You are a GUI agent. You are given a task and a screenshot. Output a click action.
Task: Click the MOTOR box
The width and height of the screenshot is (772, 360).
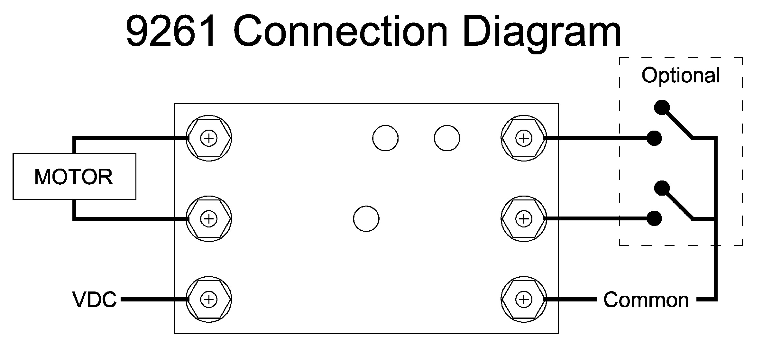74,177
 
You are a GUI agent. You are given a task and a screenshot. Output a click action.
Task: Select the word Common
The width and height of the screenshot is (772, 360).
646,300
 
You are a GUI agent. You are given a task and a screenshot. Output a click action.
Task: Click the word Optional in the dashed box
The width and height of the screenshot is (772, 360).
681,76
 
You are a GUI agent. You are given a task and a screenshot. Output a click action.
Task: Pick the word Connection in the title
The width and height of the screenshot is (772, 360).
341,32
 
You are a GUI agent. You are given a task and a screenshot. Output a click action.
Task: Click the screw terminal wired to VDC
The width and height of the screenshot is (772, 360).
209,300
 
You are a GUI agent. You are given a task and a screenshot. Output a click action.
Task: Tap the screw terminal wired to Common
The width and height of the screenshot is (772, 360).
524,300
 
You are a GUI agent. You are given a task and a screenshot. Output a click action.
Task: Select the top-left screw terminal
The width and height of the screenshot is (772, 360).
209,138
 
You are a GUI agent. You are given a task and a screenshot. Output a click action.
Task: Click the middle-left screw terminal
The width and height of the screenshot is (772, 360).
209,219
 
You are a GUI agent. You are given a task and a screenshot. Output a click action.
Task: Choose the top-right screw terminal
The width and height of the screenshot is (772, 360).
524,138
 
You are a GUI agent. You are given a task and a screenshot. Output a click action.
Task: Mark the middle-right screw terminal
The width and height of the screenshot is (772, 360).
524,219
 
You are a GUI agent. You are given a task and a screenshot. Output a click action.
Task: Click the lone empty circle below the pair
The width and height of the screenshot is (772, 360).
366,219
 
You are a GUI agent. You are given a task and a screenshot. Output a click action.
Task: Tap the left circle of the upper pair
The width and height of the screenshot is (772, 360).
385,138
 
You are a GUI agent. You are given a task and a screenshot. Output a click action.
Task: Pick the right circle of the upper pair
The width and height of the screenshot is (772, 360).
447,138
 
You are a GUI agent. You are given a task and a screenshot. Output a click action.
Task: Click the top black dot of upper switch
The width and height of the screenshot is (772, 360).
662,107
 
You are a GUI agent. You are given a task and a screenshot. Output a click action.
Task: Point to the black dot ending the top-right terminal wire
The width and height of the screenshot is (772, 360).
654,138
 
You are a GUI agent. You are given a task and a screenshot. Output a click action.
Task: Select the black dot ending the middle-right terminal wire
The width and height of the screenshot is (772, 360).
654,219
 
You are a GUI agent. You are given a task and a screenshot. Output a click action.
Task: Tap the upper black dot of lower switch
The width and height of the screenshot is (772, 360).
662,188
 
